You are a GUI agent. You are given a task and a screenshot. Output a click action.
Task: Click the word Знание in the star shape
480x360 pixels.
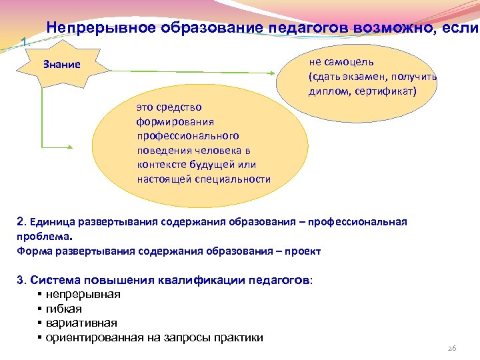coord(61,65)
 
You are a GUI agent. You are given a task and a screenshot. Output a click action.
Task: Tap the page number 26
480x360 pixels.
coord(451,349)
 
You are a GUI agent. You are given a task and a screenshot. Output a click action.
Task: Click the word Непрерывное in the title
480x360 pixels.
coord(101,29)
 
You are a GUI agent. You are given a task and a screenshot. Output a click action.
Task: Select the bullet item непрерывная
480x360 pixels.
coord(83,294)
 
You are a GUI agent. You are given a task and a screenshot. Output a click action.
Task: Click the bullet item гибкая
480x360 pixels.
coord(64,309)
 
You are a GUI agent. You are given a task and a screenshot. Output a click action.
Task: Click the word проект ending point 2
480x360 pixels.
coord(304,251)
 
